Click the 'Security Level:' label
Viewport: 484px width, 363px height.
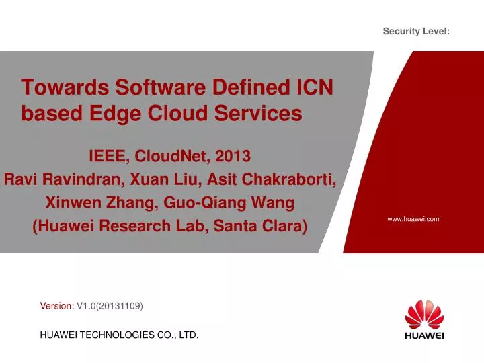pyautogui.click(x=416, y=31)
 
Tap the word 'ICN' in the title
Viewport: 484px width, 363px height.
pyautogui.click(x=314, y=87)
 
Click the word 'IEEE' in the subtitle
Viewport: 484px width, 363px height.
pyautogui.click(x=108, y=157)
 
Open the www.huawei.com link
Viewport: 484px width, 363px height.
pyautogui.click(x=413, y=219)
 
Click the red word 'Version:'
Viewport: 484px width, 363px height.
pyautogui.click(x=57, y=306)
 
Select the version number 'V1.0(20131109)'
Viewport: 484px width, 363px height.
pyautogui.click(x=110, y=306)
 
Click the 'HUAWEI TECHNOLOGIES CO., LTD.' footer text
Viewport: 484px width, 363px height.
pyautogui.click(x=120, y=334)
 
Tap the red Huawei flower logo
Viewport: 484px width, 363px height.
pyautogui.click(x=424, y=314)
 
